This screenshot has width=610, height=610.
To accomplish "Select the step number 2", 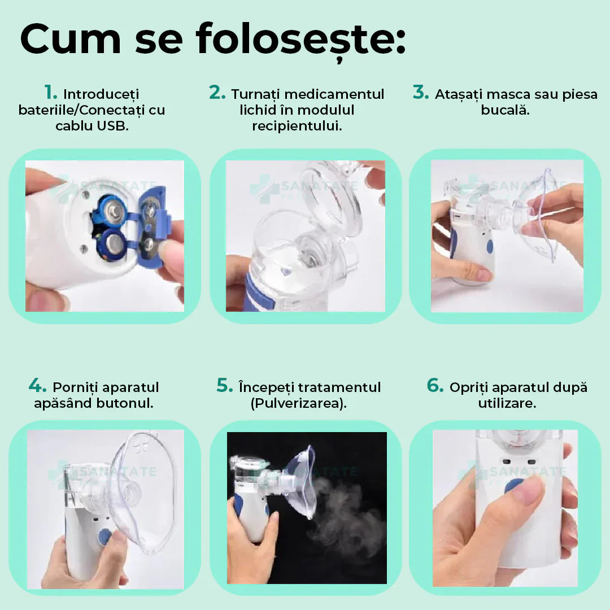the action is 217,92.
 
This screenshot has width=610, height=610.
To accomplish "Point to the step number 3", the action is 421,92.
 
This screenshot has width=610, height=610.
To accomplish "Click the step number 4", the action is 37,385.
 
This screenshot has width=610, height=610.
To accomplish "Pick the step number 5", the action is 225,385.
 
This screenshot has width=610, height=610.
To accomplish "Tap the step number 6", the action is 435,385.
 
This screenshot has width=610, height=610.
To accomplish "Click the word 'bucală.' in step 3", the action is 505,110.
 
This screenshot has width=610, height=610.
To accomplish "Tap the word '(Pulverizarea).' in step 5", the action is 298,403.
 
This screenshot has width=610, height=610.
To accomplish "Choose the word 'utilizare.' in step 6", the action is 507,403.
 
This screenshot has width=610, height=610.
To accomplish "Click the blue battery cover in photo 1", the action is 153,227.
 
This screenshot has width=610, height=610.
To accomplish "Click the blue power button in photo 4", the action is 104,537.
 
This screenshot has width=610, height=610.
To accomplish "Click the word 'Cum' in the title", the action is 71,40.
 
